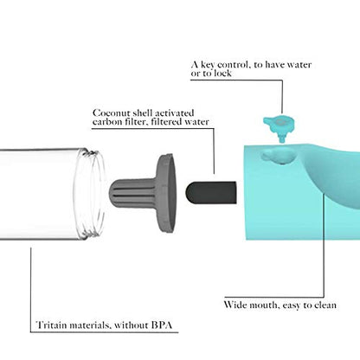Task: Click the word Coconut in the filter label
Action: tap(111, 112)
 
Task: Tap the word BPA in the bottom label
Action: tap(162, 325)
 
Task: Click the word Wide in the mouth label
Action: tap(235, 305)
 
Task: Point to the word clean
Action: tap(325, 305)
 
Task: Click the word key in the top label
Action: tap(208, 65)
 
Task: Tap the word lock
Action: tap(222, 74)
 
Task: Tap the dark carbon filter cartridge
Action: tap(211, 192)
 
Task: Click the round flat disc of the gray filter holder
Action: tap(167, 193)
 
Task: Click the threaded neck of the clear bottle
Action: tap(90, 194)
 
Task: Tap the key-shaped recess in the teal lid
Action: tap(279, 156)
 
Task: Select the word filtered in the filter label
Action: tap(167, 122)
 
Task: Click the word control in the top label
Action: tap(234, 65)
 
